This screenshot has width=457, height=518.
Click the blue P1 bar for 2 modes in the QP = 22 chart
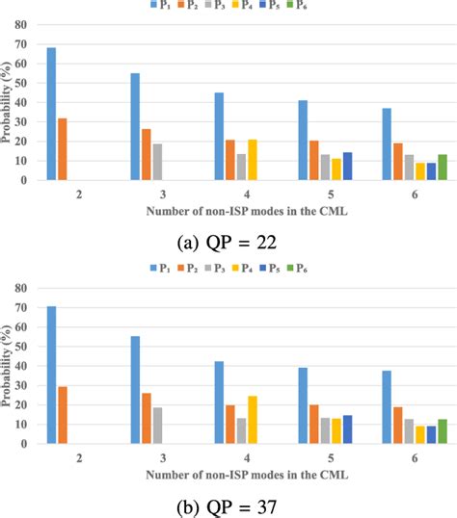(51, 114)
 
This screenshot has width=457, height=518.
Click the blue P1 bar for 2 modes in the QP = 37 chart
(51, 375)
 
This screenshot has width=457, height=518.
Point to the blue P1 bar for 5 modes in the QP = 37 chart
(302, 405)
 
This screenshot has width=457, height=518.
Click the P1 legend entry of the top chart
(159, 7)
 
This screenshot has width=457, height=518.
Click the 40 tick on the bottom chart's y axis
(20, 367)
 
